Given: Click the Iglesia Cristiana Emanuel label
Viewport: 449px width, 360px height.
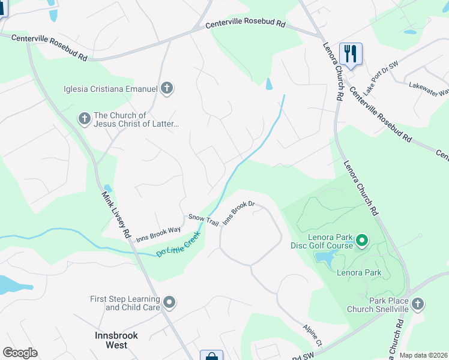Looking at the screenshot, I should (x=110, y=89).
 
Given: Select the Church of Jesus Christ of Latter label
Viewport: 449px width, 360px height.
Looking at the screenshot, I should (x=136, y=119).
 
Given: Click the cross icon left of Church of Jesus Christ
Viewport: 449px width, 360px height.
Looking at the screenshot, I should (x=85, y=119).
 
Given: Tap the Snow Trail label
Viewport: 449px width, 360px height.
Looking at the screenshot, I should (x=203, y=220).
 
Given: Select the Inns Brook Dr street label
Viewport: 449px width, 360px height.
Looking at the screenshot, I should (x=239, y=213).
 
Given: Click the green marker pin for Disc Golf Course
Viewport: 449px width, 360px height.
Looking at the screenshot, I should (x=361, y=241).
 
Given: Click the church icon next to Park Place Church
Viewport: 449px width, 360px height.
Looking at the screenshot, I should (x=418, y=304).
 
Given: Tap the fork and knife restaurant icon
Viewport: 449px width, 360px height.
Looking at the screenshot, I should (x=351, y=53).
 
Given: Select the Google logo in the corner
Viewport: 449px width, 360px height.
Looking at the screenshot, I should (x=20, y=353).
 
